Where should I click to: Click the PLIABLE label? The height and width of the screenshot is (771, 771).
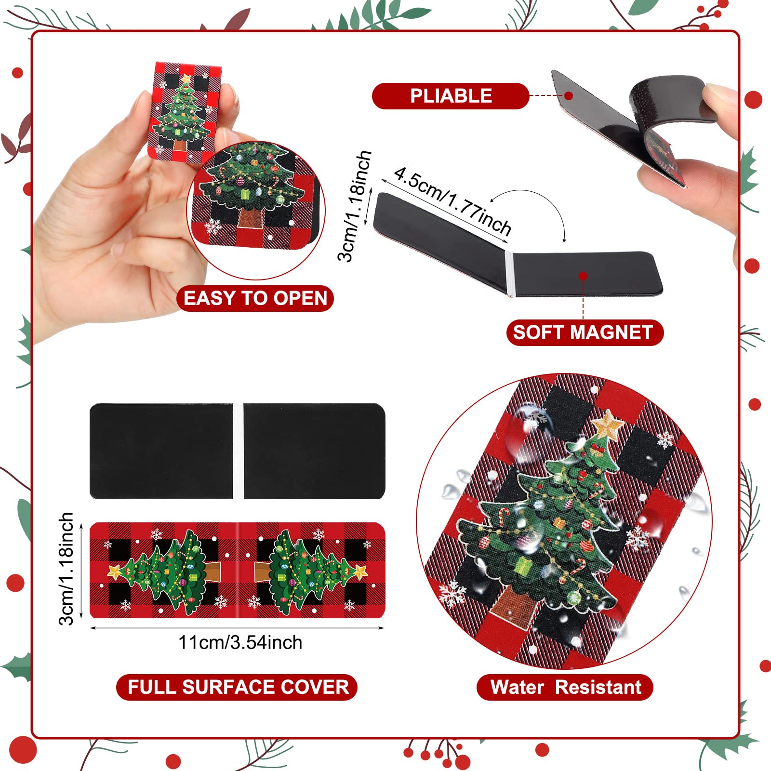pyautogui.click(x=451, y=96)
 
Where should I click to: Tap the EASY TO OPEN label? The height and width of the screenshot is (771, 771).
pyautogui.click(x=255, y=298)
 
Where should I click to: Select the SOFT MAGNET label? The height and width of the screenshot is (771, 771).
pyautogui.click(x=585, y=332)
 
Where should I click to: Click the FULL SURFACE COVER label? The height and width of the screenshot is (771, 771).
pyautogui.click(x=237, y=687)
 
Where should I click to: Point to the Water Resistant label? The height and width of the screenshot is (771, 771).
pyautogui.click(x=565, y=687)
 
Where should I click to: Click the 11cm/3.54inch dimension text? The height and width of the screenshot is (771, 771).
pyautogui.click(x=240, y=642)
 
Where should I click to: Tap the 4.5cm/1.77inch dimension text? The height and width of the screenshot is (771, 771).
pyautogui.click(x=452, y=201)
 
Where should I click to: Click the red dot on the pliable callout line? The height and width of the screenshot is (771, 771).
pyautogui.click(x=569, y=95)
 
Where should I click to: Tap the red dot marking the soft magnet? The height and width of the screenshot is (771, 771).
pyautogui.click(x=583, y=276)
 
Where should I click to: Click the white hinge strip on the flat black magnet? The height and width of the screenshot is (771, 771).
pyautogui.click(x=239, y=451)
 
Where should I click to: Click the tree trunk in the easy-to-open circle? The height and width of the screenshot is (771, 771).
pyautogui.click(x=251, y=217)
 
